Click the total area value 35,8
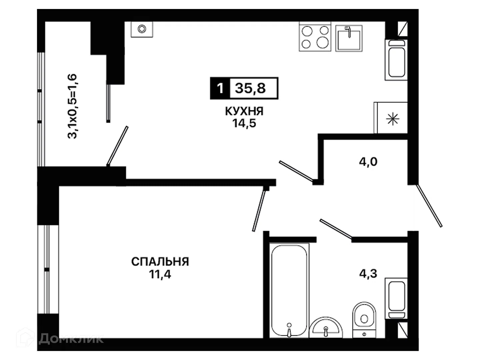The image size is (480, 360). pyautogui.click(x=250, y=89)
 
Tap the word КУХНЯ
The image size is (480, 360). pyautogui.click(x=244, y=111)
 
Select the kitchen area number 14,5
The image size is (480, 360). pyautogui.click(x=244, y=123)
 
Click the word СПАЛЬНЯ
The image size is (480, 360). pyautogui.click(x=160, y=261)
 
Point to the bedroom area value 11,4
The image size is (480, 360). pyautogui.click(x=160, y=274)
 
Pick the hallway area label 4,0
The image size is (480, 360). pyautogui.click(x=368, y=162)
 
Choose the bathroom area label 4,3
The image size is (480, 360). pyautogui.click(x=368, y=274)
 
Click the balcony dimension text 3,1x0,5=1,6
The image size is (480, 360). pyautogui.click(x=72, y=106)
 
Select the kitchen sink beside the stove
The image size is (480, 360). pyautogui.click(x=349, y=38)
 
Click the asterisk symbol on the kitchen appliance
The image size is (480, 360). pyautogui.click(x=393, y=119)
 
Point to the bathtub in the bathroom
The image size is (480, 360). pyautogui.click(x=289, y=291)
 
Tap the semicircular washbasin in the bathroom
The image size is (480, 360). pyautogui.click(x=326, y=328)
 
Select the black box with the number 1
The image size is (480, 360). pyautogui.click(x=220, y=88)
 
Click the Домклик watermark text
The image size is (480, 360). pyautogui.click(x=71, y=339)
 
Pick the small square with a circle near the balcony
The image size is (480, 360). pyautogui.click(x=142, y=29)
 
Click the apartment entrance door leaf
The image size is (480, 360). pyautogui.click(x=429, y=206)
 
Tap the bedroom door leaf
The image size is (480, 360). pyautogui.click(x=259, y=210)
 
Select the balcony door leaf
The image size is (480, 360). pyautogui.click(x=117, y=146)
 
